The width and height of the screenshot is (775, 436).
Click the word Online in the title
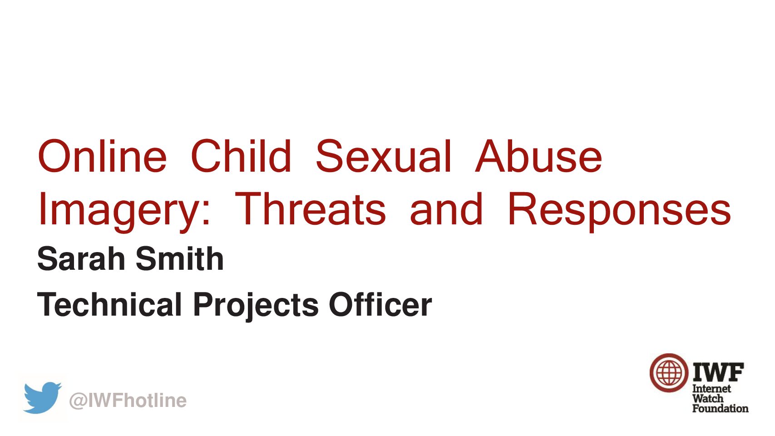103,156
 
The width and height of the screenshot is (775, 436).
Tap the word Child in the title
241,156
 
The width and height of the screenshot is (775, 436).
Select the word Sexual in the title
384,156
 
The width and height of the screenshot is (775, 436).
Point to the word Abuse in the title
538,156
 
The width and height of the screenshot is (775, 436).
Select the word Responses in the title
619,212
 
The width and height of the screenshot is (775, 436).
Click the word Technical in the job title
109,304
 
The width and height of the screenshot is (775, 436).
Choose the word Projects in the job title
256,307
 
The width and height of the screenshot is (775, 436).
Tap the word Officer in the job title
380,304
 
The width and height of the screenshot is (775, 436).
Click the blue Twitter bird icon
42,397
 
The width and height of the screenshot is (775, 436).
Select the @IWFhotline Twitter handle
128,401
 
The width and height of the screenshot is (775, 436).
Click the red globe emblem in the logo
669,373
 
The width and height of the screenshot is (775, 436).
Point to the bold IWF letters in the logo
718,372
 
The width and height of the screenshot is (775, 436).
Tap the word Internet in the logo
711,389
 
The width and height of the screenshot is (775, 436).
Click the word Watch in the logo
708,398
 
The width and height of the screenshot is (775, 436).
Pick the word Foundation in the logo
721,408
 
